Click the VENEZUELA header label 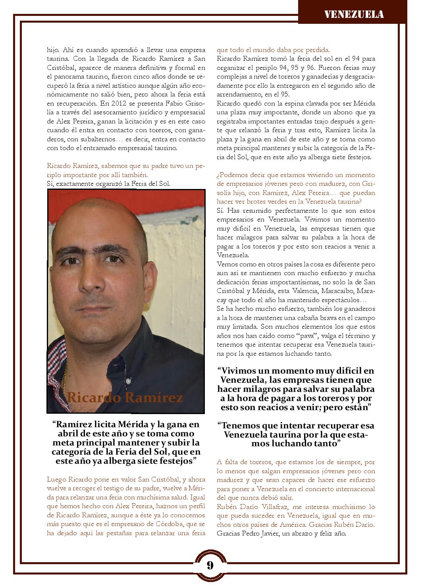click(x=354, y=15)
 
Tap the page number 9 click(x=210, y=565)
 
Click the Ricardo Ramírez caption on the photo click(x=125, y=397)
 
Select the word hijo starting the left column click(x=52, y=50)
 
